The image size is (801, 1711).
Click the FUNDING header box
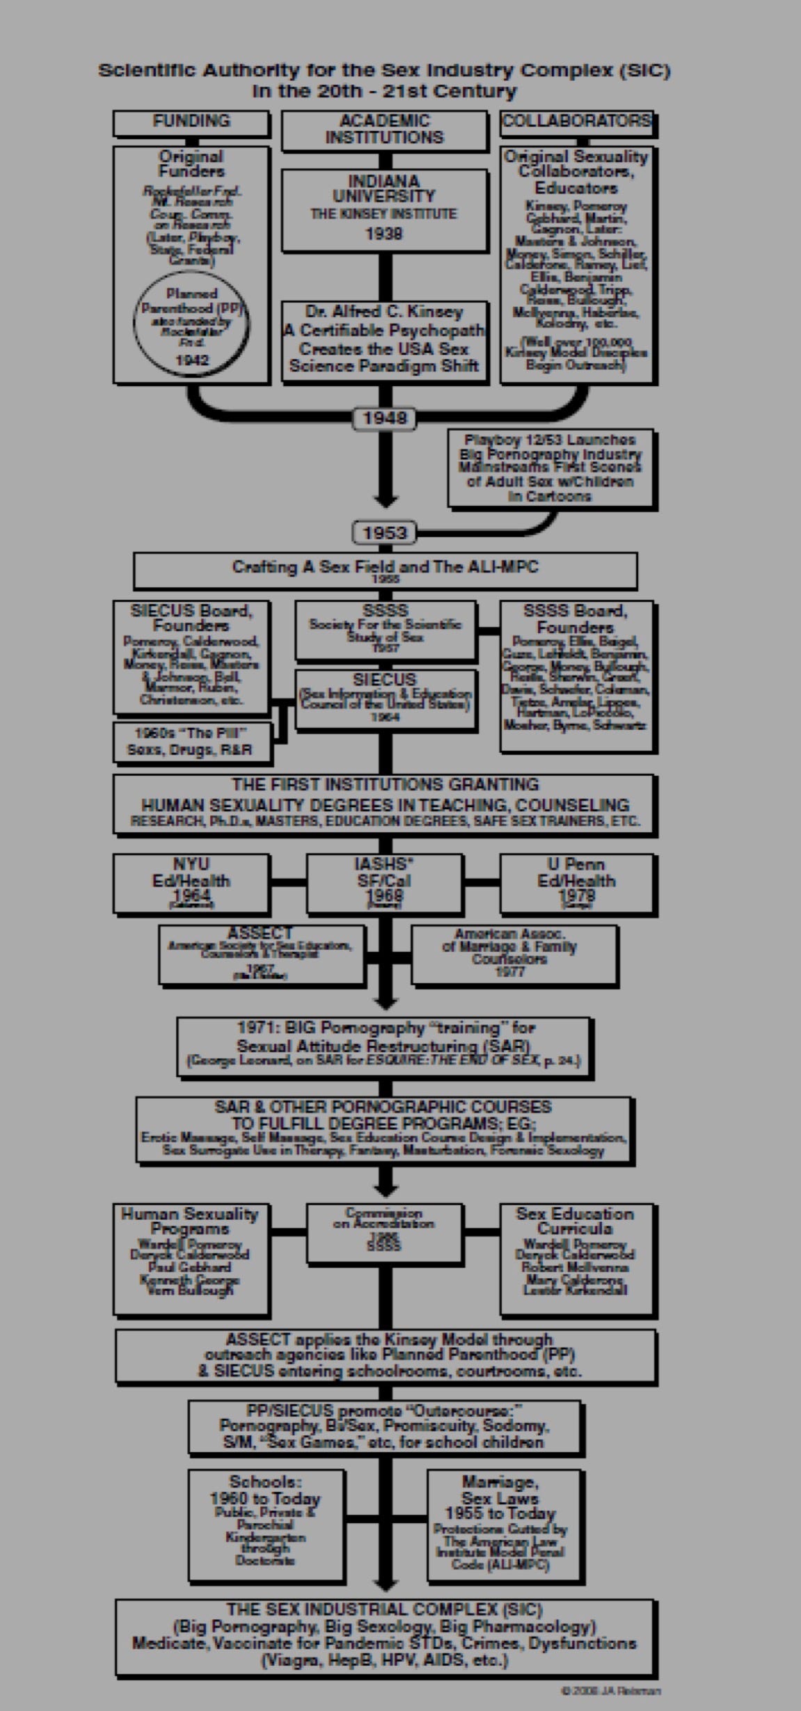point(191,122)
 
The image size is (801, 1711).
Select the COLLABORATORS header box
point(577,122)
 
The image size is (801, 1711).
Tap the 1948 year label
point(384,418)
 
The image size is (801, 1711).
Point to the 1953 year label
point(384,533)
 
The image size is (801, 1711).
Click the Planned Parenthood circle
point(191,325)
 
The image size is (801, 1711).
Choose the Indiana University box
point(384,209)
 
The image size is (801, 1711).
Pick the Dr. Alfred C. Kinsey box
point(384,340)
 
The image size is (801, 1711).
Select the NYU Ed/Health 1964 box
point(191,883)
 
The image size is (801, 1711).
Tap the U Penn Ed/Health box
point(577,883)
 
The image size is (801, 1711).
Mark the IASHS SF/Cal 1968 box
point(384,883)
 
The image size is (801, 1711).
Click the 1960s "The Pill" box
point(191,742)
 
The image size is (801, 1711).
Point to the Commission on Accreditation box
point(384,1232)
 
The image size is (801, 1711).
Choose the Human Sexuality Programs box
point(191,1259)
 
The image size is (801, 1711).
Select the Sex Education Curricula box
point(577,1259)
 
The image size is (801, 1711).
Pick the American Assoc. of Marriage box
point(514,954)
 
